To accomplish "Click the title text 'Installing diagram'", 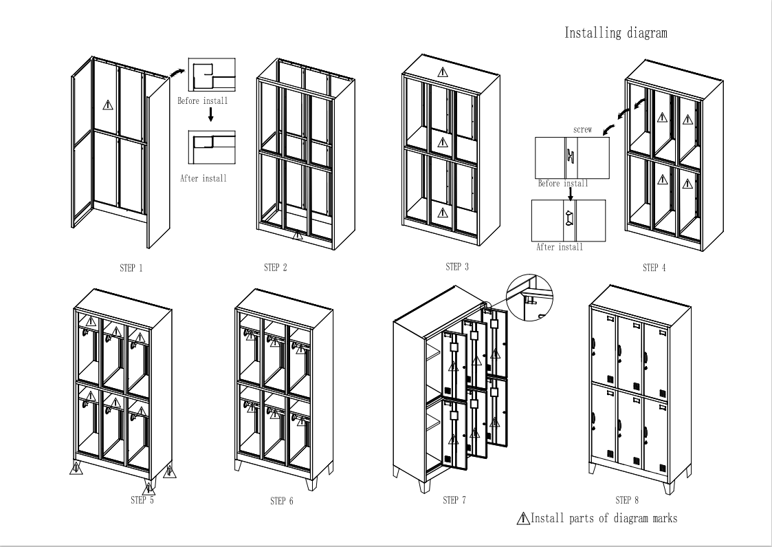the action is click(x=615, y=33).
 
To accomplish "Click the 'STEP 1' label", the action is click(x=131, y=268).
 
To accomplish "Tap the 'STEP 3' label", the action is click(x=457, y=266).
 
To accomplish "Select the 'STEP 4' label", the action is click(x=654, y=268).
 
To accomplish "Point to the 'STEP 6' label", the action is click(x=282, y=501).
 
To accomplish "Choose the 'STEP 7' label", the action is click(x=454, y=500).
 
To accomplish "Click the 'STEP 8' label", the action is click(x=627, y=500).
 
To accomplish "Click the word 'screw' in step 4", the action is click(x=582, y=129).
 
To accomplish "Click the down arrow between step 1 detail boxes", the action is click(x=211, y=115).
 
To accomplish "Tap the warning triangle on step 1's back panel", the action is click(x=108, y=105).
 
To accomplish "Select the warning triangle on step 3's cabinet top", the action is click(x=443, y=72).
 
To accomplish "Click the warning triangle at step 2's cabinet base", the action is click(x=298, y=235).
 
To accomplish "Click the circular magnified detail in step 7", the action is click(x=529, y=298).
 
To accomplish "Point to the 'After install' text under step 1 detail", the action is click(x=203, y=178).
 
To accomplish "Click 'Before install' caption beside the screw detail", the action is click(x=563, y=183).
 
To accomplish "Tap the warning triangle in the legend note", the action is click(x=523, y=518).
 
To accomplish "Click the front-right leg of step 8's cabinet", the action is click(x=668, y=488).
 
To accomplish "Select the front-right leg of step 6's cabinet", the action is click(x=311, y=484).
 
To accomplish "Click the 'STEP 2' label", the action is click(x=275, y=268).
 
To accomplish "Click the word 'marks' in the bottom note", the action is click(x=665, y=518).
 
